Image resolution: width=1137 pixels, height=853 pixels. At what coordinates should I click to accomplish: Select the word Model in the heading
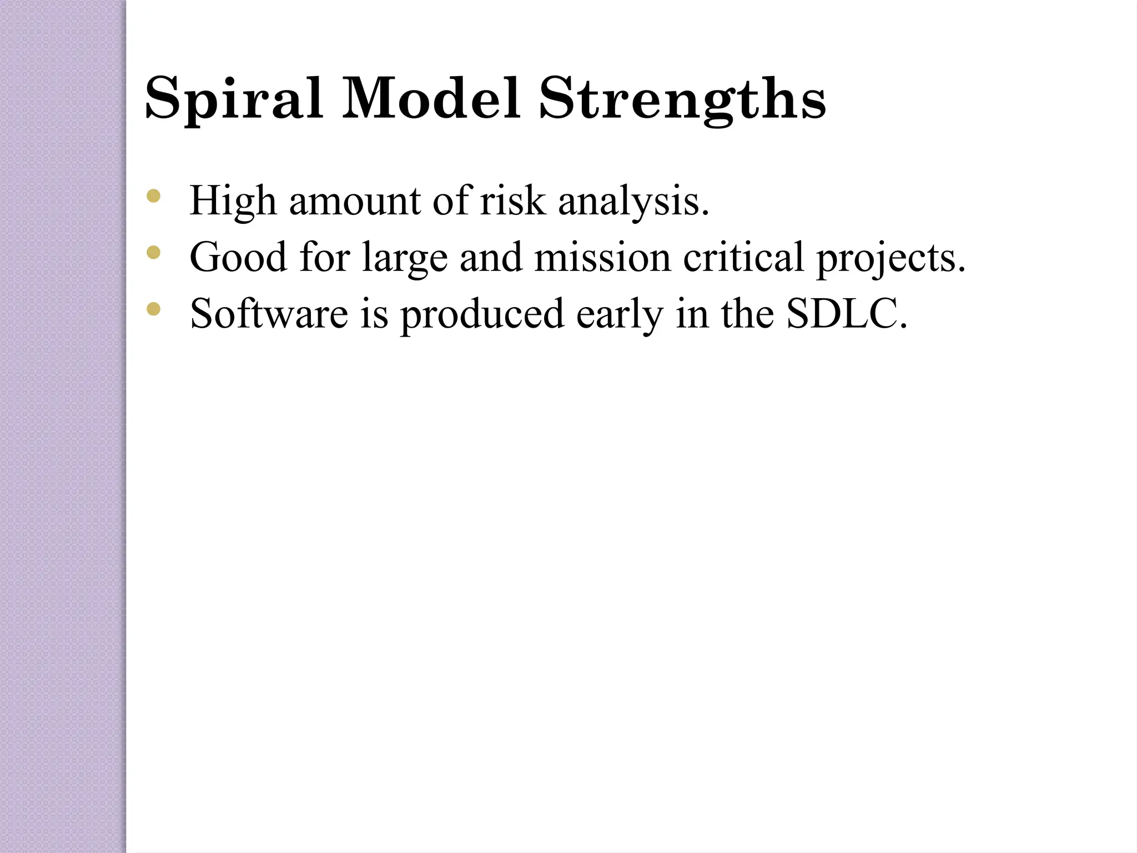point(431,99)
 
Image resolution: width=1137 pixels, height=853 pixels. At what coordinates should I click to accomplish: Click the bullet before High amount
point(154,196)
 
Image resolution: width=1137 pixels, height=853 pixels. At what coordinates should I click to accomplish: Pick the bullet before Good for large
point(154,253)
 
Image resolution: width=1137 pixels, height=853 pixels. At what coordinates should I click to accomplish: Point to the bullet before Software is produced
point(154,309)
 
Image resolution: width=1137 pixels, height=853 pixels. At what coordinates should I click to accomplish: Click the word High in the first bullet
point(233,201)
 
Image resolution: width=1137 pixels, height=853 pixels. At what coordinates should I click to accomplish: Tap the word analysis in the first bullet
point(633,201)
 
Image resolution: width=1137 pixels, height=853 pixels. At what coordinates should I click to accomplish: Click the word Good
point(238,257)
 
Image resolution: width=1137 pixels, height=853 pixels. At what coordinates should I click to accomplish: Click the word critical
point(743,257)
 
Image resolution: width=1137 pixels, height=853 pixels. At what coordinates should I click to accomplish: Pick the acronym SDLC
point(846,314)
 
